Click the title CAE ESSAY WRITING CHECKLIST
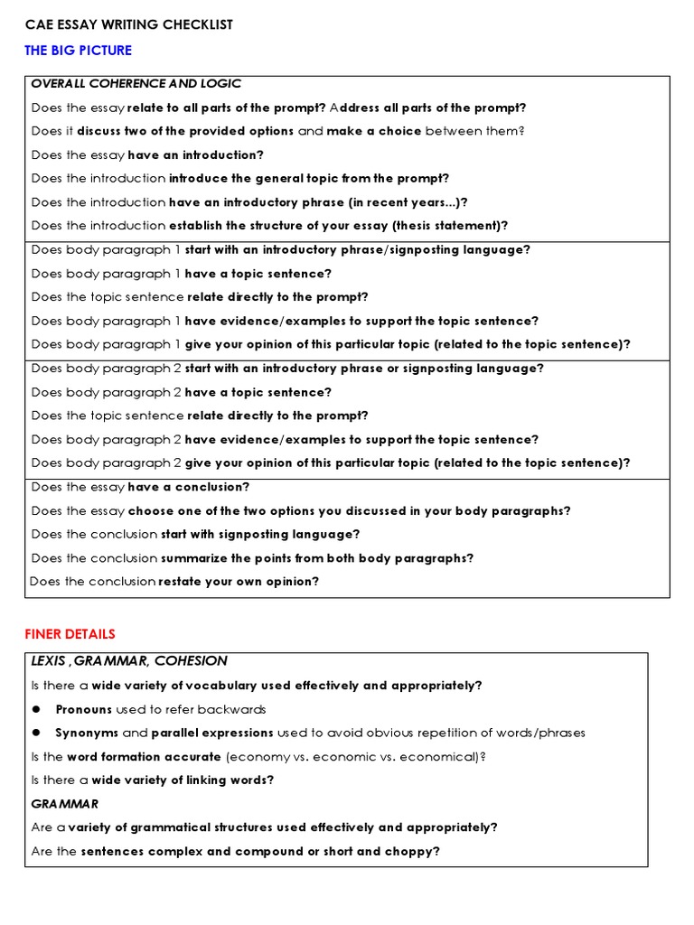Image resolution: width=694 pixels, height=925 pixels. click(x=128, y=24)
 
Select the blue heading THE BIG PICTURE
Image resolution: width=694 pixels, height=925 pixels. click(x=78, y=51)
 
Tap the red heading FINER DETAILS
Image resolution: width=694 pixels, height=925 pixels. click(x=70, y=634)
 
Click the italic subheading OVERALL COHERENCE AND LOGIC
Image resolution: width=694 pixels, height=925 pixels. click(x=136, y=84)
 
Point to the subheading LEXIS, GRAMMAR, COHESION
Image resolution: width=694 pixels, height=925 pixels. click(x=129, y=661)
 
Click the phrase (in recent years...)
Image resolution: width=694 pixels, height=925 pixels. click(x=415, y=202)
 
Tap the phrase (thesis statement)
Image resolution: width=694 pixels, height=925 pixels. click(x=449, y=226)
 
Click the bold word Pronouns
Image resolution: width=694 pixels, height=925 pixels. click(x=84, y=709)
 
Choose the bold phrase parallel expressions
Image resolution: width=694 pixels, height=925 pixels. click(x=212, y=733)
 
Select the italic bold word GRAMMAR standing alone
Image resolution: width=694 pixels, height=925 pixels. click(x=65, y=803)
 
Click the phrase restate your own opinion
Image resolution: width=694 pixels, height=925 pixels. click(x=239, y=582)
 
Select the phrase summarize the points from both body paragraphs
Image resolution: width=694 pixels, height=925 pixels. click(x=317, y=558)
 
